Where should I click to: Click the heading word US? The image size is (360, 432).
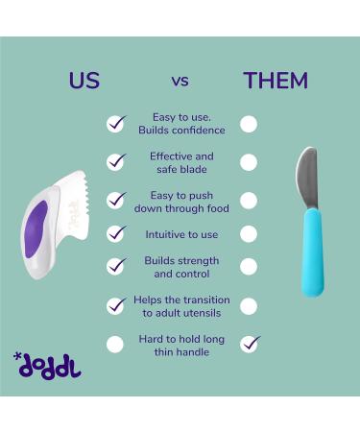tap(84, 81)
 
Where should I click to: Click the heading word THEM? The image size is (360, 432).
tap(276, 81)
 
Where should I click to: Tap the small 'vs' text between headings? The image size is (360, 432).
tap(181, 82)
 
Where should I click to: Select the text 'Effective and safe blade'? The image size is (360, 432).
tap(181, 162)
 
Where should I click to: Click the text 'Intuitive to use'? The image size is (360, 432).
tap(181, 233)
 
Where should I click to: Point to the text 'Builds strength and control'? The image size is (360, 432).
tap(181, 267)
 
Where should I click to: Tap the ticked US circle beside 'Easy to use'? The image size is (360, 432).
tap(115, 124)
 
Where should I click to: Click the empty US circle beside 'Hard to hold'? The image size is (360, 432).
tap(115, 344)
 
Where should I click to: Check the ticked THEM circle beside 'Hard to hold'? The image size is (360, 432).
tap(249, 343)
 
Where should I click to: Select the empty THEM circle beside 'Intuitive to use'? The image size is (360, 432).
tap(249, 233)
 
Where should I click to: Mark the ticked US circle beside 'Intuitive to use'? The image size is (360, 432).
tap(115, 233)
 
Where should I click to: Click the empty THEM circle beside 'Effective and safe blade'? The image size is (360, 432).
tap(249, 162)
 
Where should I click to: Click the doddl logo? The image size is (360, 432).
tap(49, 366)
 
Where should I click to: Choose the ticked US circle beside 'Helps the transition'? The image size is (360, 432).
tap(115, 305)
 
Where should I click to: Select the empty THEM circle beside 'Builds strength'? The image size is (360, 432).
tap(249, 267)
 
